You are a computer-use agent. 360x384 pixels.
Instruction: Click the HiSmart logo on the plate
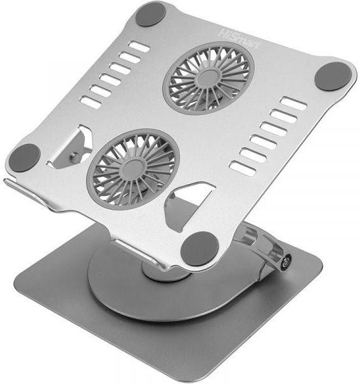(237, 39)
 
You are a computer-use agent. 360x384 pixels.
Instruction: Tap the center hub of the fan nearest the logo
(208, 78)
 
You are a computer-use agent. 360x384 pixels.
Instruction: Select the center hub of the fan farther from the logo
(133, 169)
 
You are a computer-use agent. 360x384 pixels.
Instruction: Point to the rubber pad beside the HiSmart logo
(151, 15)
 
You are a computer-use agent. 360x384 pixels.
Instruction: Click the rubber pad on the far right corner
(333, 76)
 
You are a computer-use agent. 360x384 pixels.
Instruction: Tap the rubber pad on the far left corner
(24, 157)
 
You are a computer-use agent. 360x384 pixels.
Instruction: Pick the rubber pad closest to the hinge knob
(199, 249)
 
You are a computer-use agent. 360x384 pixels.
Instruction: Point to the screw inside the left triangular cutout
(74, 156)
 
